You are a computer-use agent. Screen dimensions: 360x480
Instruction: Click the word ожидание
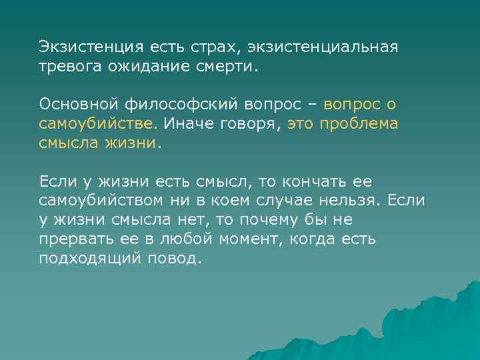pyautogui.click(x=151, y=67)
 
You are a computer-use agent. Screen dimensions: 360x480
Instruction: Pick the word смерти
pyautogui.click(x=229, y=67)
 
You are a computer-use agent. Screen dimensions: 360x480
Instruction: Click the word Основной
pyautogui.click(x=76, y=105)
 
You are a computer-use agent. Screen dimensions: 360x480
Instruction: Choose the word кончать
pyautogui.click(x=316, y=181)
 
